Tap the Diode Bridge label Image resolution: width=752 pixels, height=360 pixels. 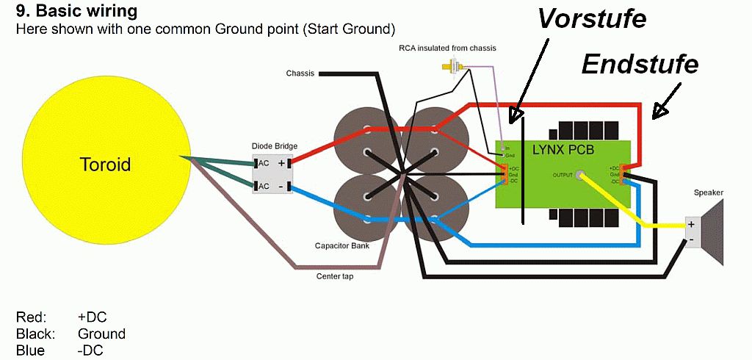pyautogui.click(x=275, y=146)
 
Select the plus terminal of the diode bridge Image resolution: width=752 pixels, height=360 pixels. pyautogui.click(x=282, y=163)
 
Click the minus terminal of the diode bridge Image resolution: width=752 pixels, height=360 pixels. pyautogui.click(x=282, y=186)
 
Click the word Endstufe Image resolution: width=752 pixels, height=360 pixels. pyautogui.click(x=639, y=65)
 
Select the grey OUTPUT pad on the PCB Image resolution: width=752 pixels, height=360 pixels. pyautogui.click(x=582, y=176)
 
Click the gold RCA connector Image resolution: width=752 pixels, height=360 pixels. pyautogui.click(x=447, y=69)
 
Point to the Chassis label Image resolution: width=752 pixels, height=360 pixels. pyautogui.click(x=300, y=73)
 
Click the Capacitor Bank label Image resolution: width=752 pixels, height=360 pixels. pyautogui.click(x=341, y=245)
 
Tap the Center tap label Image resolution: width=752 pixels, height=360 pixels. pyautogui.click(x=336, y=276)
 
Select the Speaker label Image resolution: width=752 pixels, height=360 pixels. pyautogui.click(x=709, y=193)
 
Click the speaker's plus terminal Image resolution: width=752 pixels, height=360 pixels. pyautogui.click(x=691, y=224)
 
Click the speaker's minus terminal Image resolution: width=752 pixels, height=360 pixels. pyautogui.click(x=690, y=240)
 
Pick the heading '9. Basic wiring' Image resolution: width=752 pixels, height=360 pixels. pyautogui.click(x=76, y=12)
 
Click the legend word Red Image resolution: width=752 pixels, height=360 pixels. pyautogui.click(x=32, y=317)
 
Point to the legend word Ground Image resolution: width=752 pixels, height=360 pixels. pyautogui.click(x=101, y=334)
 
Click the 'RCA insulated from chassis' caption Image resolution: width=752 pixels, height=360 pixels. pyautogui.click(x=447, y=48)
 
